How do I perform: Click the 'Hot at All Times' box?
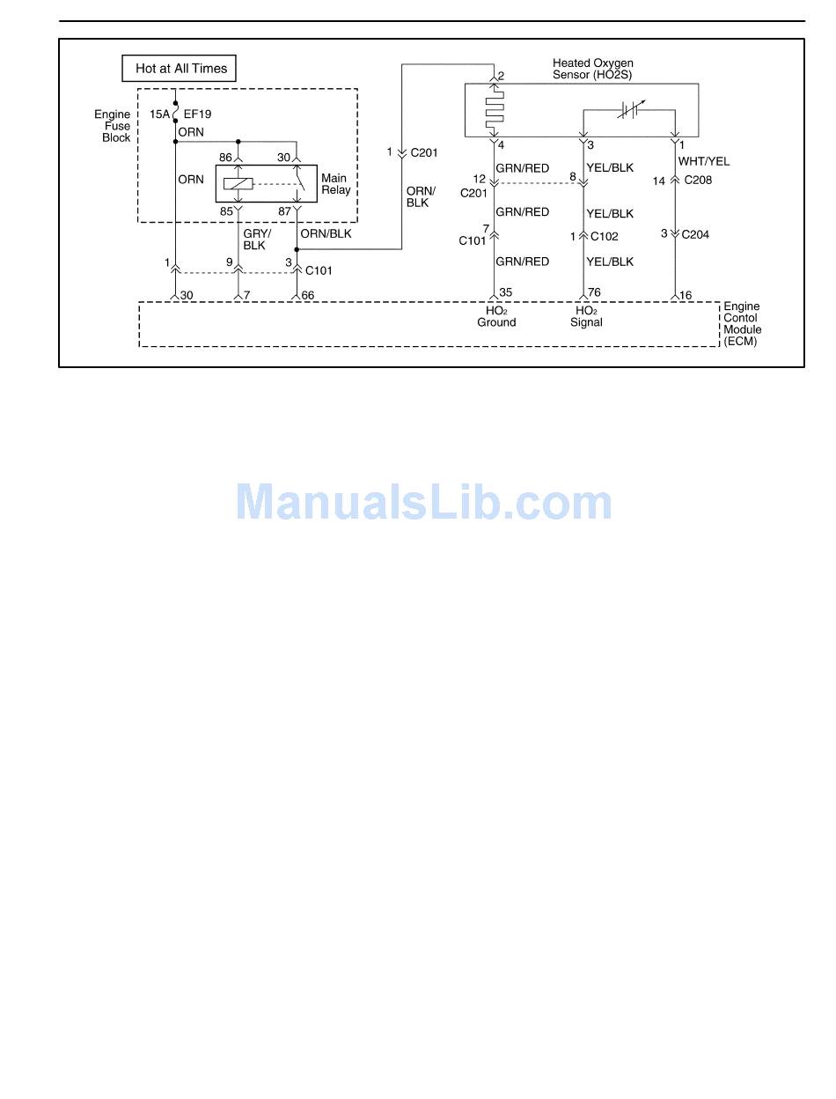(180, 69)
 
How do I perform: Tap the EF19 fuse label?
(197, 114)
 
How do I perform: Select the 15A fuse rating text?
(159, 114)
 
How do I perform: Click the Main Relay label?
(335, 184)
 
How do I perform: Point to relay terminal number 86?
(226, 158)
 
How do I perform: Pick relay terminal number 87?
(284, 211)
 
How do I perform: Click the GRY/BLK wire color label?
(256, 240)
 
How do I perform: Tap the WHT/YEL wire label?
(703, 161)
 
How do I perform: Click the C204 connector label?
(694, 234)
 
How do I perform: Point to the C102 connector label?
(605, 236)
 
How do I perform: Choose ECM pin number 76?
(594, 293)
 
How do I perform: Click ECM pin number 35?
(505, 293)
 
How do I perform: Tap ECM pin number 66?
(308, 296)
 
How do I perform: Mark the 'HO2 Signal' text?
(586, 317)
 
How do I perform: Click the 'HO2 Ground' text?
(496, 317)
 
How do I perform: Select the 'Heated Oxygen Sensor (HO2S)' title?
(592, 69)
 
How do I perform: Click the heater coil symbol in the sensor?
(495, 111)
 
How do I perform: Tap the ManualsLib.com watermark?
(423, 503)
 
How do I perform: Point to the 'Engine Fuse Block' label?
(114, 126)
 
